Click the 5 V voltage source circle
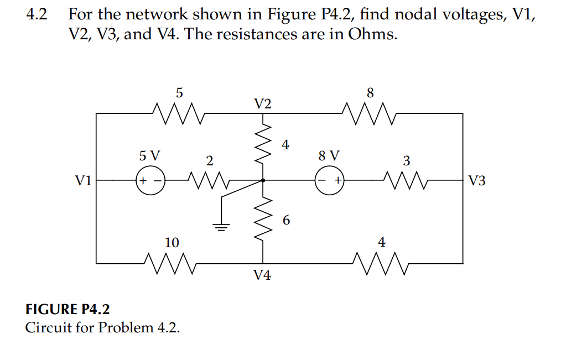click(150, 181)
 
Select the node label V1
click(84, 181)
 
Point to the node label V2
click(263, 104)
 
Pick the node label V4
click(262, 275)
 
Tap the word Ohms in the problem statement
click(371, 34)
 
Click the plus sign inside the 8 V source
click(336, 181)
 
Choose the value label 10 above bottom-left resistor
click(172, 242)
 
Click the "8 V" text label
click(330, 155)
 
